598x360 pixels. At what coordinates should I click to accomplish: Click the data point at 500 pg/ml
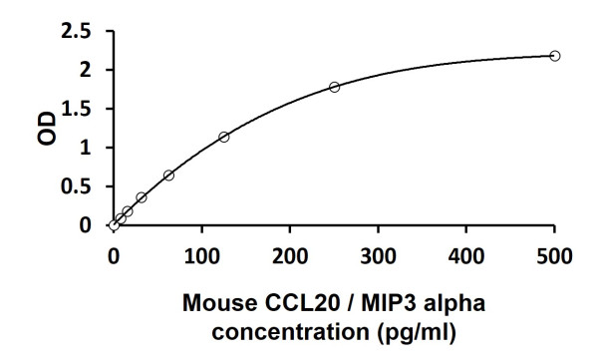tap(555, 56)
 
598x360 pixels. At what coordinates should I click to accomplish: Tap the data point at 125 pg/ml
tap(223, 137)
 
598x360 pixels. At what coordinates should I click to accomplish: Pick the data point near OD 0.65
tap(168, 176)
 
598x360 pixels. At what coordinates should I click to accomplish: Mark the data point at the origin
tap(114, 225)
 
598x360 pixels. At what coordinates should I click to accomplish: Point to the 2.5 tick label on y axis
tap(76, 32)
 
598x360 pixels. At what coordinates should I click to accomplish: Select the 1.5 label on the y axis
tap(76, 109)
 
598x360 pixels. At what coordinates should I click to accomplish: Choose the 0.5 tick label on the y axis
tap(76, 186)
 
